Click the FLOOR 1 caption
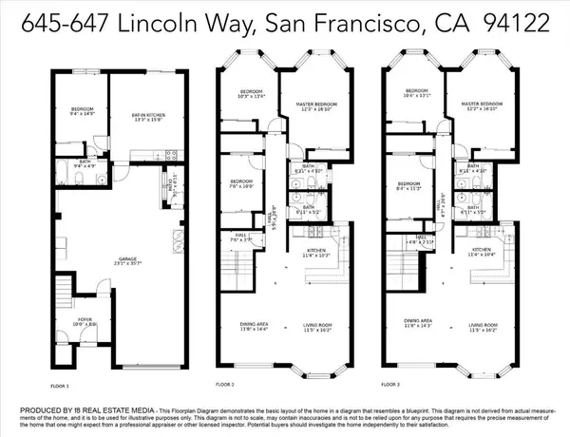61,386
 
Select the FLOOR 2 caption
225,386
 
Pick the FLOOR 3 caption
389,386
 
